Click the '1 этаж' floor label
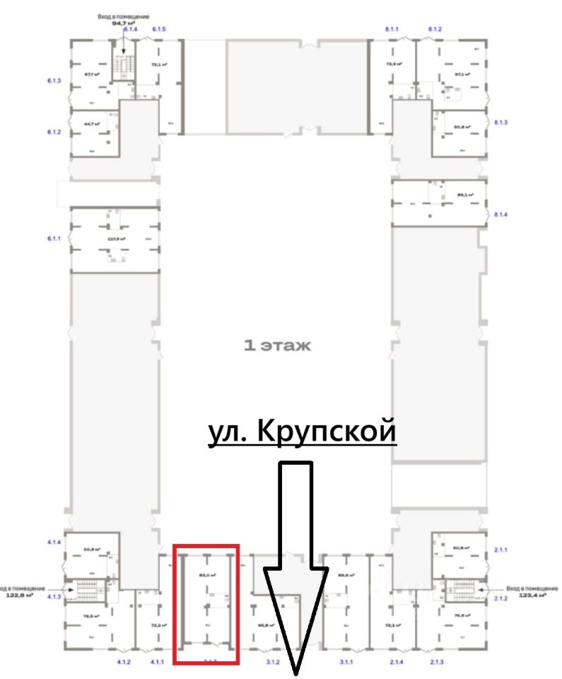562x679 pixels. click(x=276, y=347)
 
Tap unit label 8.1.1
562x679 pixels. click(x=392, y=29)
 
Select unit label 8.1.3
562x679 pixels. click(x=501, y=123)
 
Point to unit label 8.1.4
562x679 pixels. click(x=501, y=214)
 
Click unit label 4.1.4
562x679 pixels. click(x=54, y=542)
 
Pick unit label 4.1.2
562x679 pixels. click(x=124, y=662)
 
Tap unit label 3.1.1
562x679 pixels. click(x=346, y=662)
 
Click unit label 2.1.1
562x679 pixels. click(x=501, y=549)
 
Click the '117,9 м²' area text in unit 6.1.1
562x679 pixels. click(x=116, y=239)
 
